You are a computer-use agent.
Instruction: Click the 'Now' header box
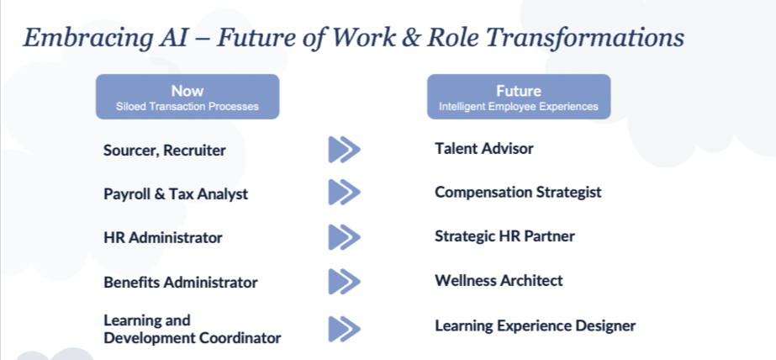tap(187, 96)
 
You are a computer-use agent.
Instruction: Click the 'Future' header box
tap(518, 96)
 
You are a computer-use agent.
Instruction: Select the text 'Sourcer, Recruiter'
tap(165, 151)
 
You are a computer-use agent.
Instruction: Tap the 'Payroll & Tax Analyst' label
tap(176, 193)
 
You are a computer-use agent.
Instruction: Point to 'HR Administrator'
tap(163, 237)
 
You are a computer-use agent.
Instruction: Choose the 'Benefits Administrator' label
tap(181, 282)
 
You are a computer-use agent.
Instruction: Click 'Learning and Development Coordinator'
tap(192, 329)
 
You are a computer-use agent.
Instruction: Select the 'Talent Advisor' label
tap(484, 148)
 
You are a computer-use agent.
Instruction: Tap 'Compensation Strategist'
tap(518, 192)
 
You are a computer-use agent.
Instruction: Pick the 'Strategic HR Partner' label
tap(504, 236)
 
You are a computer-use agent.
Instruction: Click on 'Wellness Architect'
tap(499, 280)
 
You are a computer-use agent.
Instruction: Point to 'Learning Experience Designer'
tap(535, 325)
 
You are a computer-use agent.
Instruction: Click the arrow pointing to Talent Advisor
tap(344, 150)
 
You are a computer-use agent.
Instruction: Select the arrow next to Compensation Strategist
tap(344, 192)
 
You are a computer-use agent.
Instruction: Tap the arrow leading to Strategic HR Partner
tap(344, 237)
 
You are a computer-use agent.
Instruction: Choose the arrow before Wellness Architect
tap(344, 281)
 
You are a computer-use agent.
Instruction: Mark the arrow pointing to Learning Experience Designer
tap(344, 328)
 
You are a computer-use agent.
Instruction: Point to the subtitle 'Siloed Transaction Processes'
tap(187, 107)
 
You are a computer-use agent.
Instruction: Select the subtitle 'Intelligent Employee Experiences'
tap(518, 107)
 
